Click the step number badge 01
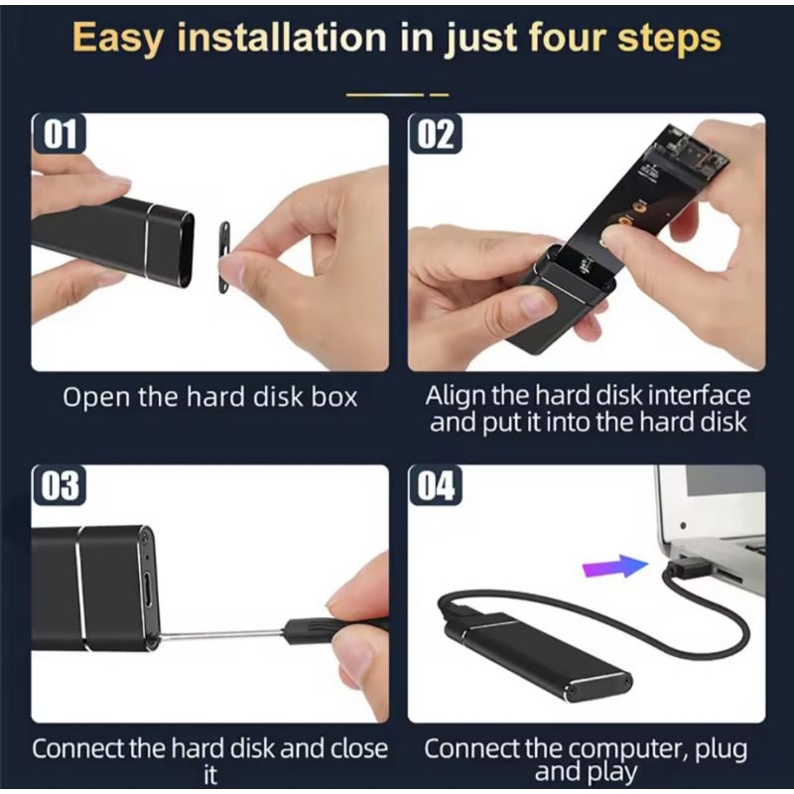(59, 133)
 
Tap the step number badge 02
(435, 133)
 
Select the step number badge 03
(59, 485)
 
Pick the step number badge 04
(435, 485)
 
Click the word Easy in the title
(118, 39)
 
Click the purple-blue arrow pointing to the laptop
(615, 566)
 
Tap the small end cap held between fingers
(224, 257)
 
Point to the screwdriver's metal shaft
(220, 635)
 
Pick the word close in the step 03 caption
(359, 748)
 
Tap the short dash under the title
(439, 94)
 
